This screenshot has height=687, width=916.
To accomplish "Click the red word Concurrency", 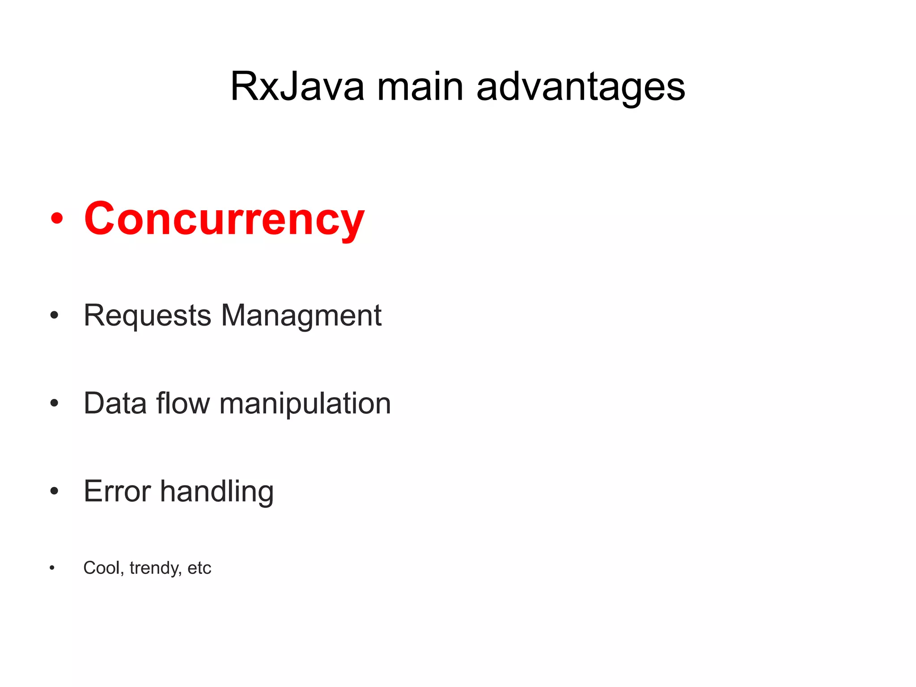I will pyautogui.click(x=224, y=219).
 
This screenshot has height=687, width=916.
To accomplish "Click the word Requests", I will pyautogui.click(x=147, y=316).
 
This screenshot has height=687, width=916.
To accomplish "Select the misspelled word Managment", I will pyautogui.click(x=301, y=316).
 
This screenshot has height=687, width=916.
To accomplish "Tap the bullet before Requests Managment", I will pyautogui.click(x=54, y=315).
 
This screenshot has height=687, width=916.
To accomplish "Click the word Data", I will pyautogui.click(x=115, y=403).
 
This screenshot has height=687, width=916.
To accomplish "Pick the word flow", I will pyautogui.click(x=183, y=403).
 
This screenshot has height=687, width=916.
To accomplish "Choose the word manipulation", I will pyautogui.click(x=305, y=404).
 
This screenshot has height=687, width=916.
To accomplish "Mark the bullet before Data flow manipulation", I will pyautogui.click(x=54, y=403).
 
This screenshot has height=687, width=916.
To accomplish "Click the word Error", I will pyautogui.click(x=117, y=491).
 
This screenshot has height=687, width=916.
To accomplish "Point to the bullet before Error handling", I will pyautogui.click(x=54, y=491).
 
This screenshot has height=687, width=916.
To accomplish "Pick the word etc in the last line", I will pyautogui.click(x=199, y=568).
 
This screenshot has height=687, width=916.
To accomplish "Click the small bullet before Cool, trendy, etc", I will pyautogui.click(x=52, y=568).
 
